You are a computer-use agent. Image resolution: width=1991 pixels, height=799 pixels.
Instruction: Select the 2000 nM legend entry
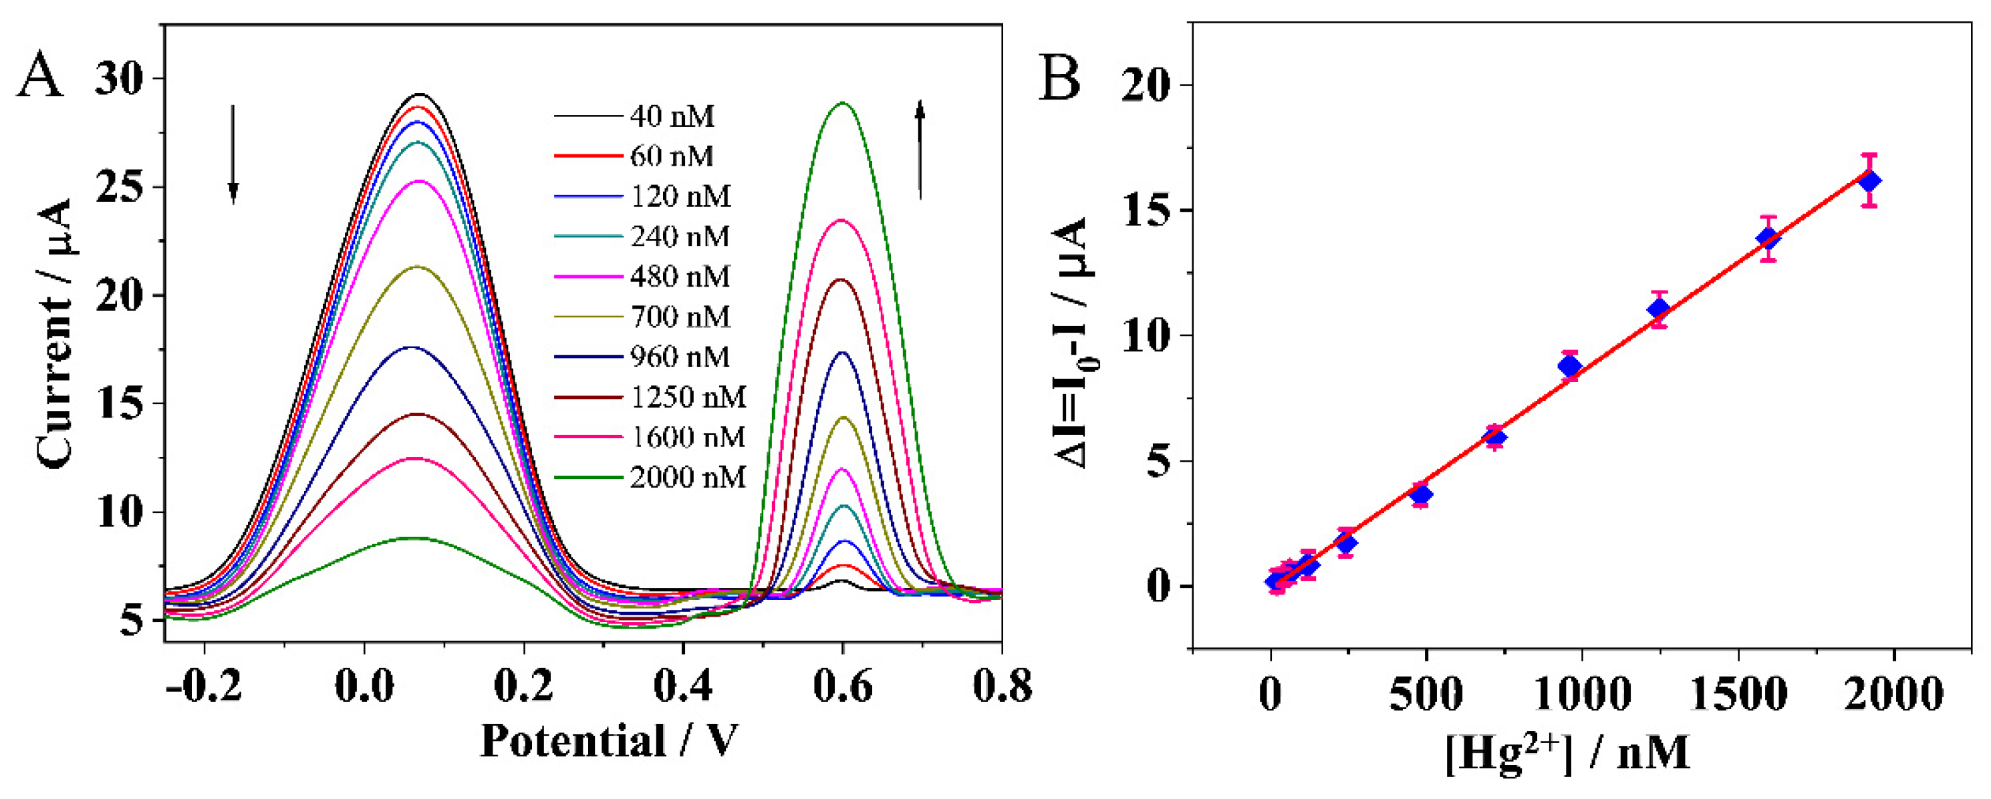coord(687,478)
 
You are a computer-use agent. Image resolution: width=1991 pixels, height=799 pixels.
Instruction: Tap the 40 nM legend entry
coord(672,117)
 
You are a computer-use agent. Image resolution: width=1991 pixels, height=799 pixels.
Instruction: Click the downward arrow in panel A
coord(233,154)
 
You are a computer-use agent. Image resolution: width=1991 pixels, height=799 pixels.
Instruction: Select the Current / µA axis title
coord(55,334)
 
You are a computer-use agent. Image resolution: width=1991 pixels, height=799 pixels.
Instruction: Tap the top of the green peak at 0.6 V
coord(843,103)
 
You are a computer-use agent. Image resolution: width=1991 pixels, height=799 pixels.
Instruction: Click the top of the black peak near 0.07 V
coord(421,94)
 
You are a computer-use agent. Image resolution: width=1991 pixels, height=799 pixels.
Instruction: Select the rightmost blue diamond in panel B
coord(1869,181)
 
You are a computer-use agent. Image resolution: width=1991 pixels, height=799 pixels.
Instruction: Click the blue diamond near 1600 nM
coord(1768,238)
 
